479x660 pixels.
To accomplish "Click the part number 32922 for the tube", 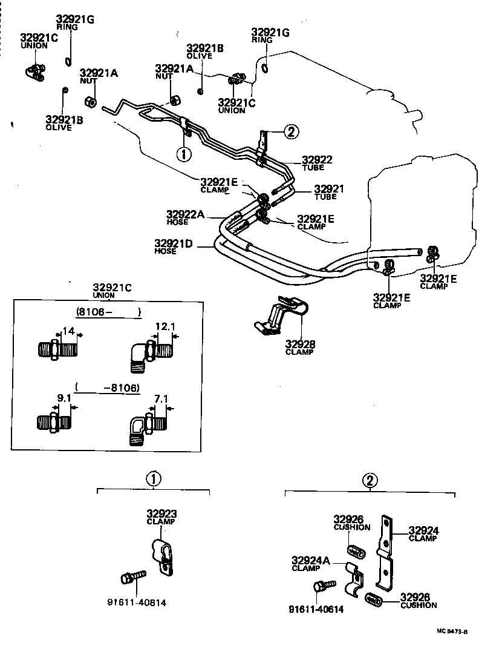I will (317, 160).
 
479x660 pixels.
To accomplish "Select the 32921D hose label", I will (174, 244).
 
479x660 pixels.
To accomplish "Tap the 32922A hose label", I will (185, 214).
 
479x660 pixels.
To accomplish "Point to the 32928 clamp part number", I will (300, 345).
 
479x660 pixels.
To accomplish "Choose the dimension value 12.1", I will (165, 326).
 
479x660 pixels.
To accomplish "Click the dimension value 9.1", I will (65, 398).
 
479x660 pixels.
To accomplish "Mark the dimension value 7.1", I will (161, 398).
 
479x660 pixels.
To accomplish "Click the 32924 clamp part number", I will (423, 530).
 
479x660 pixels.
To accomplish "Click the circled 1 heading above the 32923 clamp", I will (154, 479).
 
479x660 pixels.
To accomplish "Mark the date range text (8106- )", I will (108, 312).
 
